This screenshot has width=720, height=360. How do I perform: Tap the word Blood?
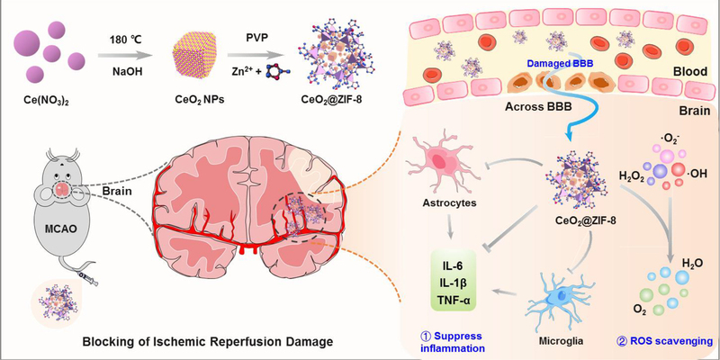click(x=688, y=78)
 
